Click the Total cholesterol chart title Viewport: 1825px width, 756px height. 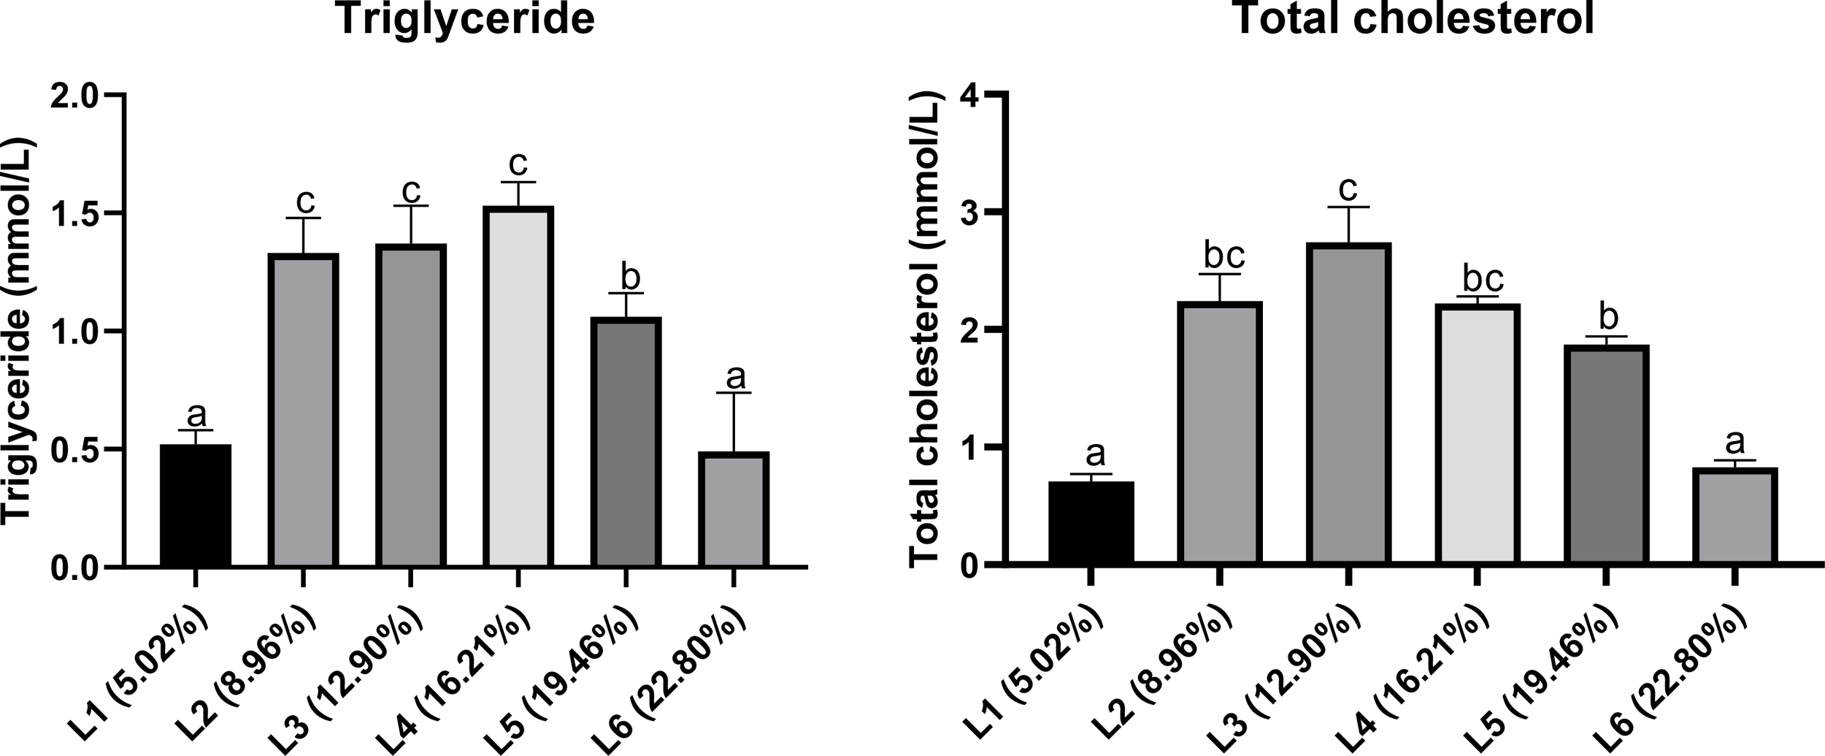[1413, 19]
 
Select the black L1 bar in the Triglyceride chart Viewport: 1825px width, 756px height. [196, 505]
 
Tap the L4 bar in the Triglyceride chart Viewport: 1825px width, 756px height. [518, 387]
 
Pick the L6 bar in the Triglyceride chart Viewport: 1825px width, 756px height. [734, 510]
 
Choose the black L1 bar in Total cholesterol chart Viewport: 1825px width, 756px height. [1091, 523]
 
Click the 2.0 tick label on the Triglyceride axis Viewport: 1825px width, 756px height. [77, 96]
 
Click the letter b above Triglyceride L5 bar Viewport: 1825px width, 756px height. [629, 277]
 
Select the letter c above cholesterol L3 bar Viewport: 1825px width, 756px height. [1348, 189]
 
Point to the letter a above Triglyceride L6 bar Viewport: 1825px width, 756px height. [736, 378]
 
